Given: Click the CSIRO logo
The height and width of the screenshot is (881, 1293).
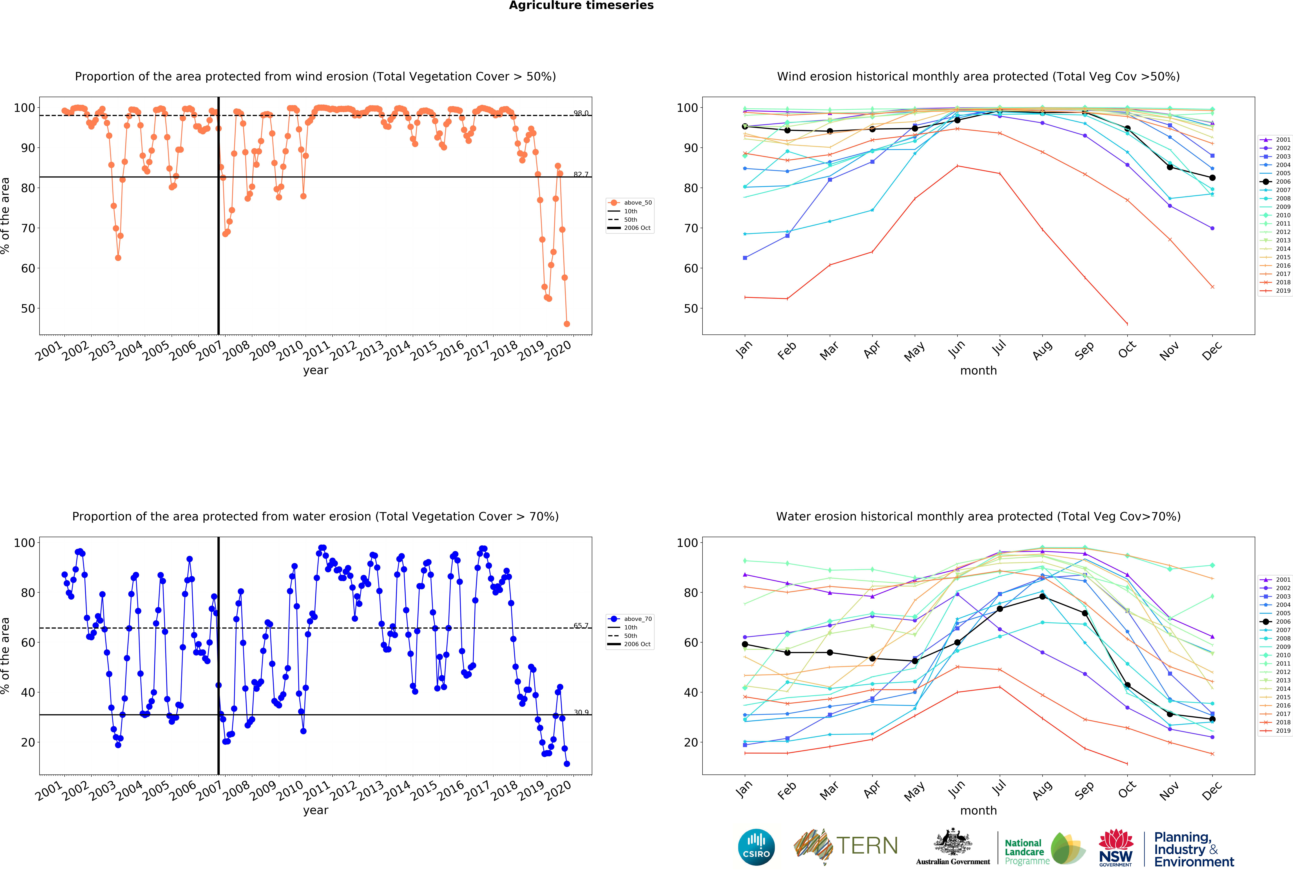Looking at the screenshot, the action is coord(756,847).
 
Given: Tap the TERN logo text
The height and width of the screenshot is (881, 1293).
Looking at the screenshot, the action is coord(867,846).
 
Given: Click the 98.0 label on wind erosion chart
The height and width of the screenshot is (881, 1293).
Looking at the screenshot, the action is coord(581,113).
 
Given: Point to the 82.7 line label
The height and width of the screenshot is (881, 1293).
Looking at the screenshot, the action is coord(581,174).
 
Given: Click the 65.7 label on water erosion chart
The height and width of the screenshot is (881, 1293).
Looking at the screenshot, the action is coord(581,626).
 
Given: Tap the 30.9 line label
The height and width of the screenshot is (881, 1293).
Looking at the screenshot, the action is coord(581,712).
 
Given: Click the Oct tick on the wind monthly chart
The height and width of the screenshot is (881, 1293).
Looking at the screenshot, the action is coord(1127,349).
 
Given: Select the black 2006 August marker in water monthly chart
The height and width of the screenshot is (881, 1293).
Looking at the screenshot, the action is coord(1042,596).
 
